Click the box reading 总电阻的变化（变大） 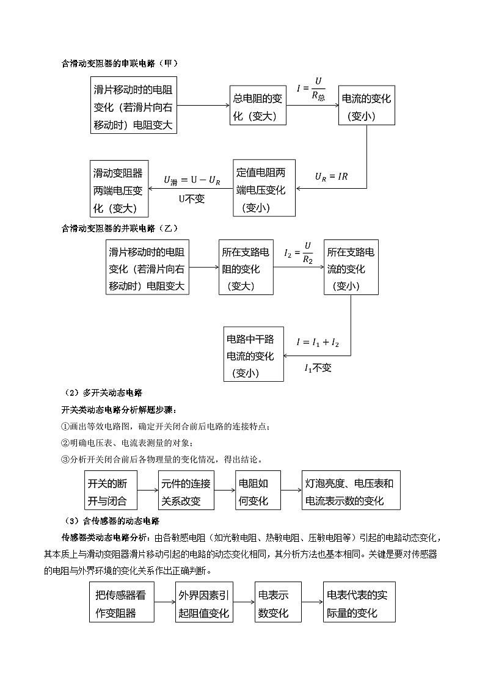pyautogui.click(x=258, y=106)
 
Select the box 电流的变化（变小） pyautogui.click(x=366, y=106)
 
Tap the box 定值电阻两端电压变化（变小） pyautogui.click(x=264, y=188)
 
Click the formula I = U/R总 pyautogui.click(x=312, y=88)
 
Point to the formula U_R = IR pyautogui.click(x=331, y=176)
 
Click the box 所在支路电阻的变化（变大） pyautogui.click(x=246, y=268)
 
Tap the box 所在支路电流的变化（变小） pyautogui.click(x=351, y=268)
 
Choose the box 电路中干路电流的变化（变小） pyautogui.click(x=253, y=354)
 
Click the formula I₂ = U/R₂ pyautogui.click(x=299, y=251)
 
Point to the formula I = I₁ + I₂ pyautogui.click(x=318, y=343)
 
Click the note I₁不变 pyautogui.click(x=318, y=368)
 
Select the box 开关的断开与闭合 pyautogui.click(x=110, y=491)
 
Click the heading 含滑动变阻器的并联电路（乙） pyautogui.click(x=120, y=228)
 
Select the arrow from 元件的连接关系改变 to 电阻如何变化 pyautogui.click(x=227, y=491)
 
